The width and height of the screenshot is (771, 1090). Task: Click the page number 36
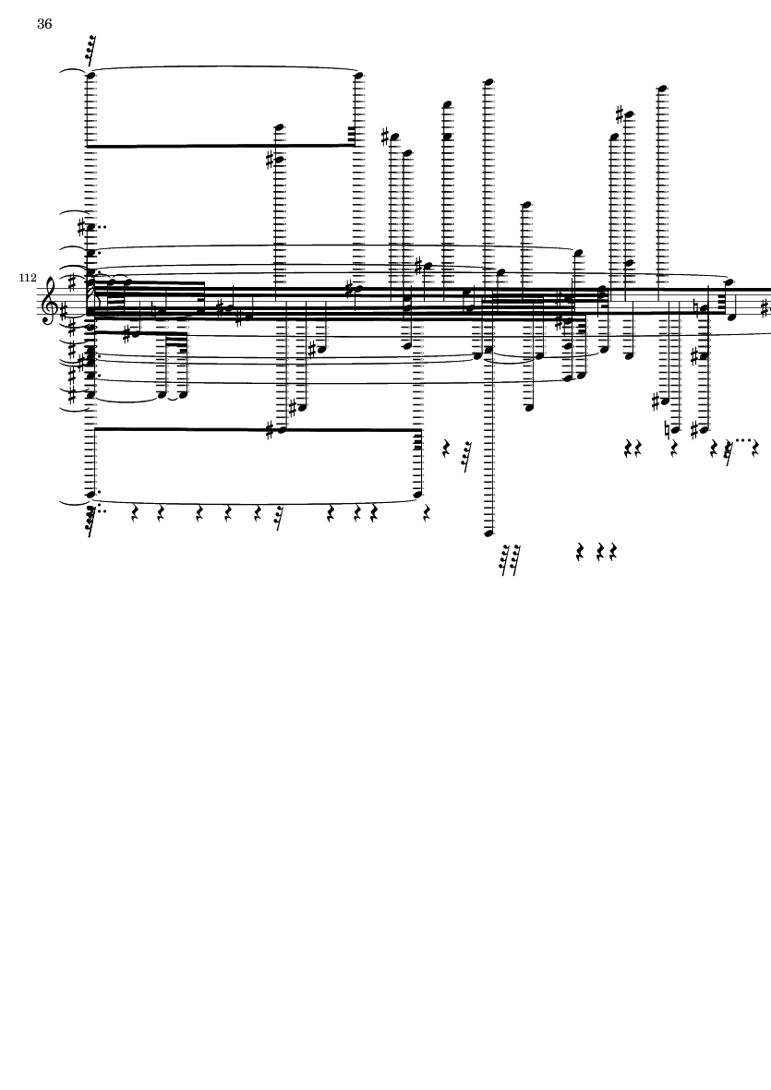click(43, 24)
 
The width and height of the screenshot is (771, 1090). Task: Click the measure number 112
click(28, 278)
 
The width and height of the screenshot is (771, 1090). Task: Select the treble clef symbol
click(51, 301)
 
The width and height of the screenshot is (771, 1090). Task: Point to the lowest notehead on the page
click(488, 533)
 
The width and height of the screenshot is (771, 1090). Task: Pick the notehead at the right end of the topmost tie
click(359, 75)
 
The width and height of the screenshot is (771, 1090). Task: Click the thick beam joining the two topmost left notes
click(223, 146)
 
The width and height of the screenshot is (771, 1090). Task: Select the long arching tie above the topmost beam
click(223, 67)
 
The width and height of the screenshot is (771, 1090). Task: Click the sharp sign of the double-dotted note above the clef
click(82, 227)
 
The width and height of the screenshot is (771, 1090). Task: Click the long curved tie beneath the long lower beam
click(255, 503)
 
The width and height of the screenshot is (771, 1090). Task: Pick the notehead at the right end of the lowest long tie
click(418, 495)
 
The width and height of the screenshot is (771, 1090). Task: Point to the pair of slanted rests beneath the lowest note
click(511, 560)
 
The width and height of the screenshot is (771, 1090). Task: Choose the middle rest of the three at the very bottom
click(600, 553)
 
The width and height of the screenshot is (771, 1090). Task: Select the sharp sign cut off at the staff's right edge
click(766, 306)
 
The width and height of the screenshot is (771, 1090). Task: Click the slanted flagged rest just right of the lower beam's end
click(466, 456)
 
